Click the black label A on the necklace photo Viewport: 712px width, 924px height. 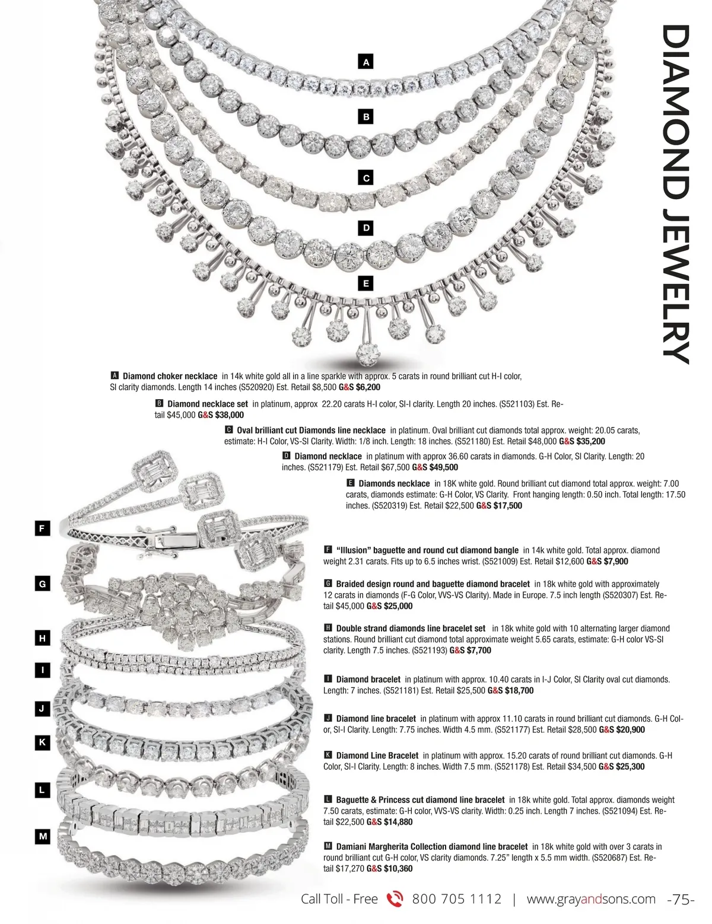pos(366,62)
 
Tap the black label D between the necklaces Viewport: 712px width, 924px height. pos(366,228)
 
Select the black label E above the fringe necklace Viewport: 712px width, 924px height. pos(366,283)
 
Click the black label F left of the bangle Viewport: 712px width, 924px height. pos(42,528)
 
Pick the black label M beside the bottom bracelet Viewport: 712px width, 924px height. pos(42,837)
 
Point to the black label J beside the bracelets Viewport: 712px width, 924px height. pos(42,708)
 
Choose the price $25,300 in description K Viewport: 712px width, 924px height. pos(631,766)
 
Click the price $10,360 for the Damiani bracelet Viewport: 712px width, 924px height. pos(398,868)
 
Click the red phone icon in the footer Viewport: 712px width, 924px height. pos(395,900)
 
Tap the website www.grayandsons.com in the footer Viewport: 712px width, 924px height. pos(591,899)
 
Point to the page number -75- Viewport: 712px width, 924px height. pos(681,900)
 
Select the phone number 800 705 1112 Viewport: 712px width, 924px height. pos(456,899)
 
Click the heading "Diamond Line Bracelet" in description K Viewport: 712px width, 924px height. pos(377,756)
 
